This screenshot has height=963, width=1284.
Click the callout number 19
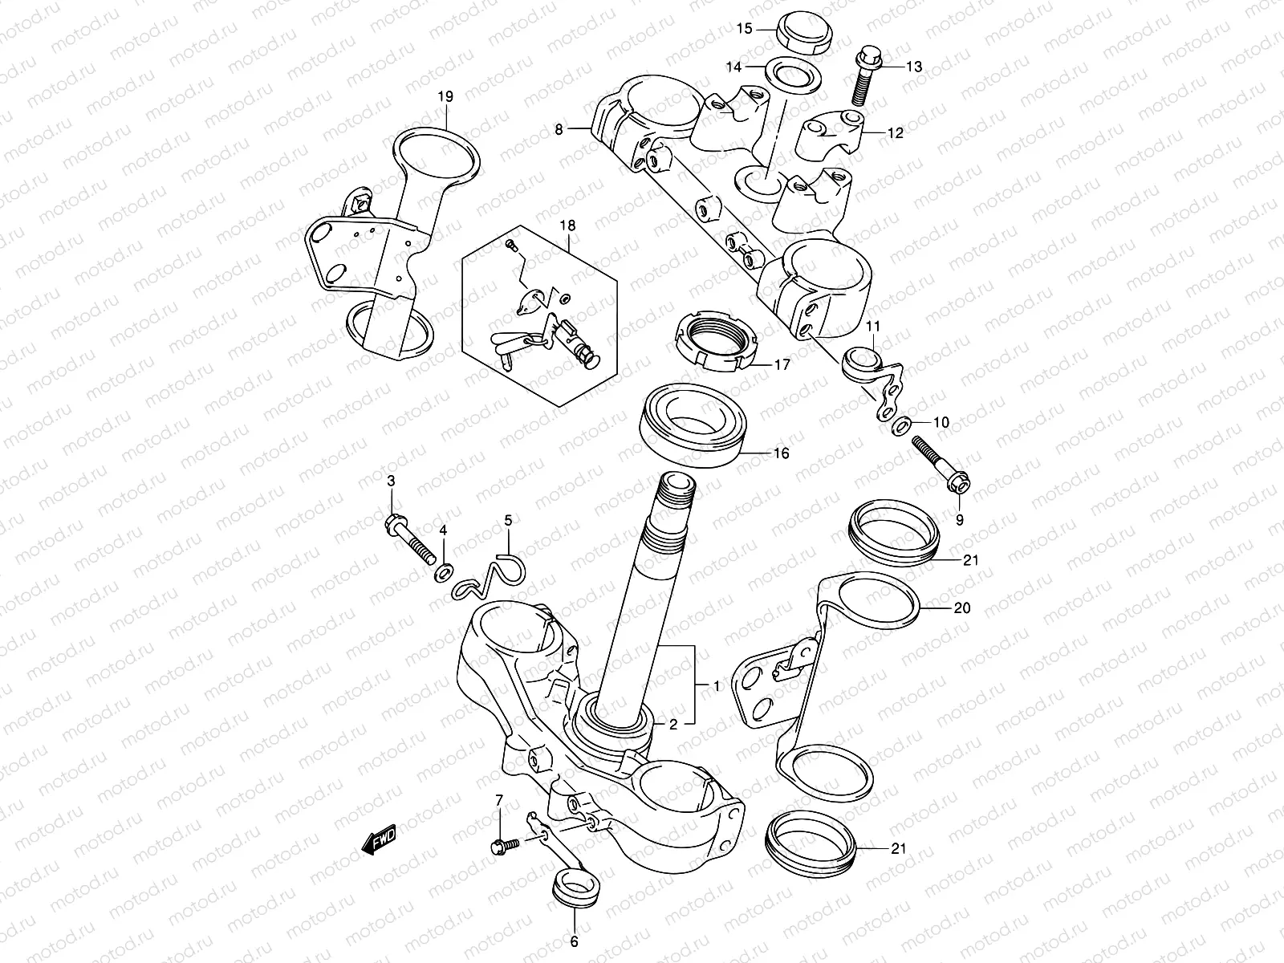coord(445,96)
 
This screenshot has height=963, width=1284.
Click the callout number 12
coord(896,133)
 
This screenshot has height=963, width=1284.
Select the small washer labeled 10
coord(900,424)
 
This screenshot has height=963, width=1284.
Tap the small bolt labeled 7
coord(505,845)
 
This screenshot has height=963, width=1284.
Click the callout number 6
coord(574,942)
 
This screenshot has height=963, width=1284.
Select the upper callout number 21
coord(972,560)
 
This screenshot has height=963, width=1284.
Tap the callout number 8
coord(560,128)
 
